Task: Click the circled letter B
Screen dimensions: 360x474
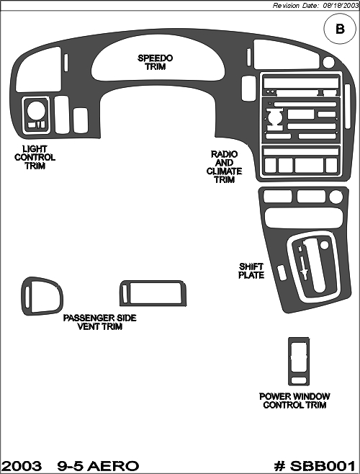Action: tap(340, 29)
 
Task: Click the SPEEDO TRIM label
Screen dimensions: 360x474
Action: tap(155, 62)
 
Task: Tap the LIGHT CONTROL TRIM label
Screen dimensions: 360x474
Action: tap(35, 157)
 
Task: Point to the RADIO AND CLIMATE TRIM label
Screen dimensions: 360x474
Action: tap(224, 166)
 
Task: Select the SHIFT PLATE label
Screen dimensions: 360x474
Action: tap(251, 271)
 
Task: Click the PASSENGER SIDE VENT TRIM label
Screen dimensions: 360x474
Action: tap(100, 322)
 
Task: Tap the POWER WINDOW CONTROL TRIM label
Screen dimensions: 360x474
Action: tap(294, 401)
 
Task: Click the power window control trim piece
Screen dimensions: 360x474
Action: tap(299, 362)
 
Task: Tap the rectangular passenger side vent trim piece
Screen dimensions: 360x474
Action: tap(153, 293)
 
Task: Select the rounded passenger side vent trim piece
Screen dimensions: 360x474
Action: tap(42, 296)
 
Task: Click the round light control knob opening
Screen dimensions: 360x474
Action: tap(36, 110)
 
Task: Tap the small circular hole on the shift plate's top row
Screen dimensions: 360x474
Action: tap(336, 197)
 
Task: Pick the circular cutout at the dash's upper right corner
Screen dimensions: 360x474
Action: tap(328, 62)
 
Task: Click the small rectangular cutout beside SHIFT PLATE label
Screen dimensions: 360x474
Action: tap(282, 272)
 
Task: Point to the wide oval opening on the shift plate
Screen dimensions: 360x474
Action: tap(304, 217)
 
